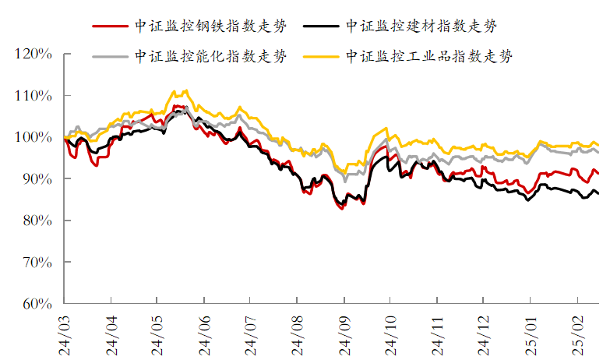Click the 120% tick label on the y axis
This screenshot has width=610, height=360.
[33, 55]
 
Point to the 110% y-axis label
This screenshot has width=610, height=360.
[33, 96]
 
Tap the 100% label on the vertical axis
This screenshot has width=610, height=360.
[33, 138]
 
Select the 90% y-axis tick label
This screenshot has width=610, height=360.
[36, 179]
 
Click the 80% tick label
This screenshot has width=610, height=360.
[36, 221]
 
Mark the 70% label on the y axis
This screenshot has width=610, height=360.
[36, 263]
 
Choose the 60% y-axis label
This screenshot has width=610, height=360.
[36, 304]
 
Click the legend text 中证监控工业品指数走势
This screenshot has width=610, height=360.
[429, 56]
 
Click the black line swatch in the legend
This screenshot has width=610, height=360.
[322, 26]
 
